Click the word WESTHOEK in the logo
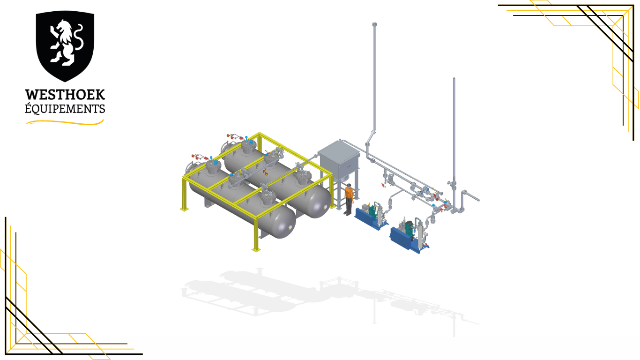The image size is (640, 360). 65,95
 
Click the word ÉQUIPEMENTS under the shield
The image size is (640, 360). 65,109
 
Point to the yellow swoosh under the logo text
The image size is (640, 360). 65,123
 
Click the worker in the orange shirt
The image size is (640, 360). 348,199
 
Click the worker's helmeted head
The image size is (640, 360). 349,186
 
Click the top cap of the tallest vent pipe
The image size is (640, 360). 374,24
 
